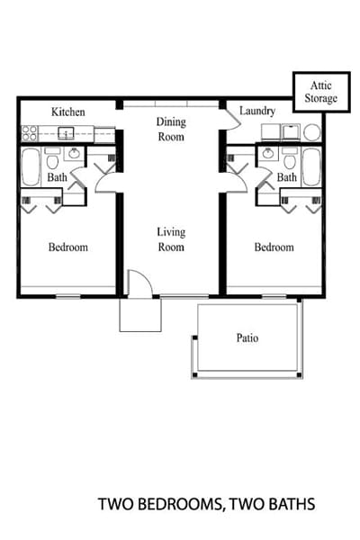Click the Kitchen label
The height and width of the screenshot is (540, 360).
68,112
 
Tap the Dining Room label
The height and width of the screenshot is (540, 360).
170,129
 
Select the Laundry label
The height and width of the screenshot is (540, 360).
258,112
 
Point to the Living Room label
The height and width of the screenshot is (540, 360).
171,238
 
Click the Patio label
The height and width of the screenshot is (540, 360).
247,338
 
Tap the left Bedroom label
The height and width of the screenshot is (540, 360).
67,247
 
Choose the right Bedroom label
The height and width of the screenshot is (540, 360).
274,247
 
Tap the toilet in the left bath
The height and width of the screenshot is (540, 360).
52,162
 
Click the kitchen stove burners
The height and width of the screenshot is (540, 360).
30,133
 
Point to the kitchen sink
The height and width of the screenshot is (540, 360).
67,133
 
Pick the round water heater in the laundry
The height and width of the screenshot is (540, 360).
311,132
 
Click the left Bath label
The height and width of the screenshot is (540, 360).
57,178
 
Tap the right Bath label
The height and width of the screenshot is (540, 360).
286,178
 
